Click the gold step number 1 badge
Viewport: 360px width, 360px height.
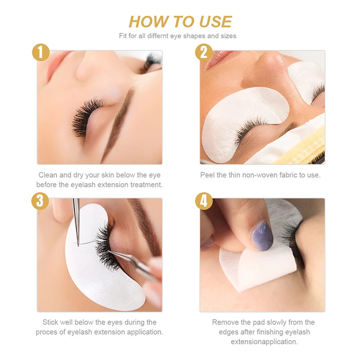click(40, 53)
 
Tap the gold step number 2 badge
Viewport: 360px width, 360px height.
click(204, 53)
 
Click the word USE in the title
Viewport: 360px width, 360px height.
click(215, 21)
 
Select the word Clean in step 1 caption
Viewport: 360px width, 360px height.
click(48, 175)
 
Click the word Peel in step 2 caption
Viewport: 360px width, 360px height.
click(207, 175)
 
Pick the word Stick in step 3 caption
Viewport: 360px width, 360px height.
click(51, 322)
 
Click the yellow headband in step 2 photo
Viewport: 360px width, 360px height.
click(306, 144)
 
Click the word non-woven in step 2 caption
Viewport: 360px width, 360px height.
click(258, 175)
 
